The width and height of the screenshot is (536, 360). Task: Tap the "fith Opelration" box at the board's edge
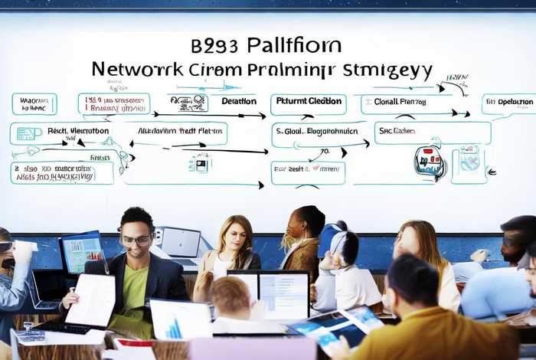tap(509, 103)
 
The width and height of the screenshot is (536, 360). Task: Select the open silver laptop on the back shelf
tap(181, 244)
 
